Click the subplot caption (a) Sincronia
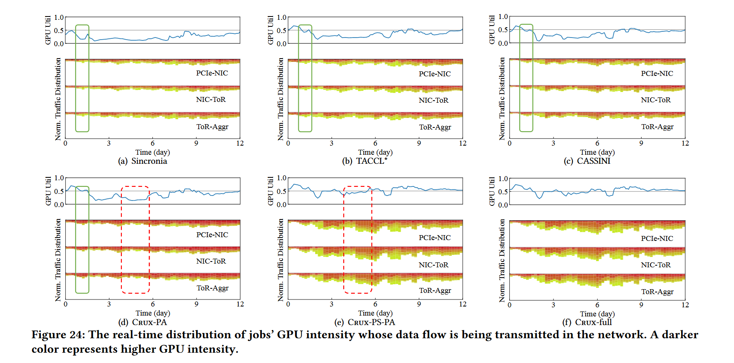coord(143,161)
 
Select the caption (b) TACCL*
coord(365,161)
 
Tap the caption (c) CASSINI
coord(587,161)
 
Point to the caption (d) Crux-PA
coord(143,322)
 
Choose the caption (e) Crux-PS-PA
coord(365,322)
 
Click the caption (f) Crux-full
coord(587,322)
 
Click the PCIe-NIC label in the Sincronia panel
coord(212,73)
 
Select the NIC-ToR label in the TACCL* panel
coord(433,100)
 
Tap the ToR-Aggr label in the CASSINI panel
coord(657,127)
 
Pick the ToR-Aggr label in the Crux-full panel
coord(657,292)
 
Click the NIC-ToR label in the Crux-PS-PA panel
coord(433,265)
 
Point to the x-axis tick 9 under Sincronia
coord(196,143)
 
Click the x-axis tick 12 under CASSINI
coord(685,143)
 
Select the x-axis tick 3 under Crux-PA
coord(109,304)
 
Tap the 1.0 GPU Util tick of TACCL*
coord(281,17)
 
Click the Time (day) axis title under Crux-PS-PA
coord(375,313)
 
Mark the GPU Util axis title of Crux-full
coord(492,191)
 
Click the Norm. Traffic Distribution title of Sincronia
coord(58,99)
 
